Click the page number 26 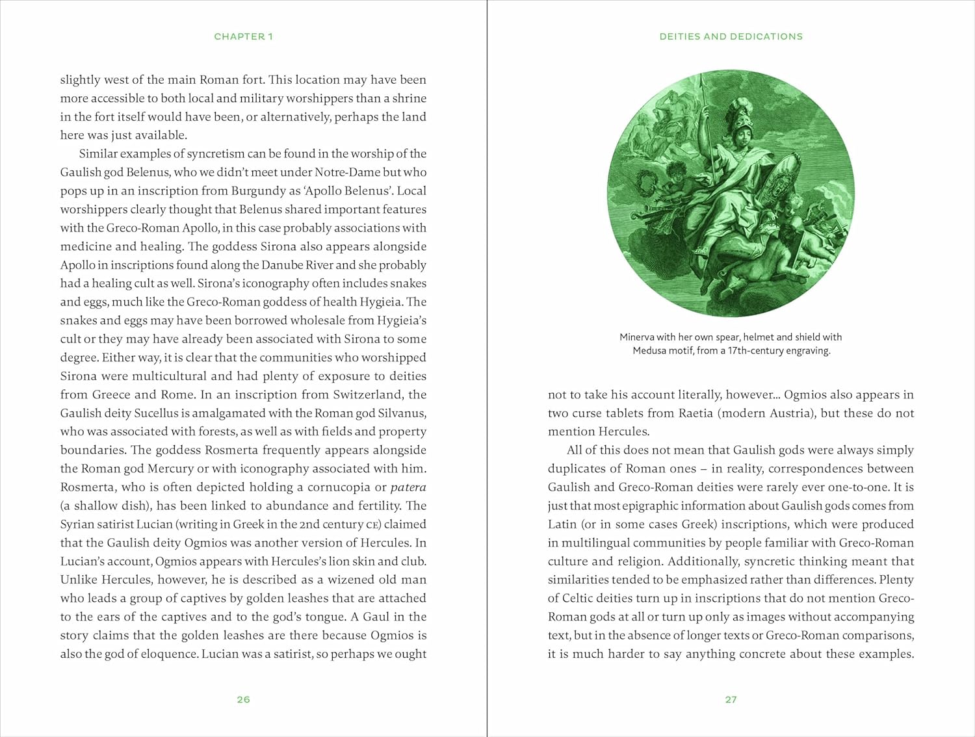point(243,699)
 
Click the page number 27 point(731,699)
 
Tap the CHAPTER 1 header point(243,36)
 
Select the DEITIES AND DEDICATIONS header point(731,36)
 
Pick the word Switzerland point(367,394)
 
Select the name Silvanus point(399,413)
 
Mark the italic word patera point(408,487)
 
